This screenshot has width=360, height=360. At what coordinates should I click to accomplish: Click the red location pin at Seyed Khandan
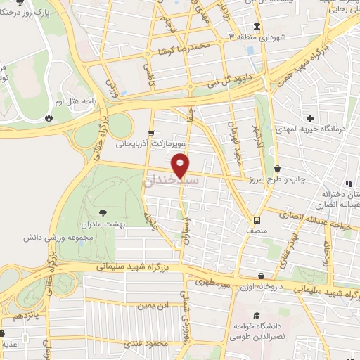tap(181, 165)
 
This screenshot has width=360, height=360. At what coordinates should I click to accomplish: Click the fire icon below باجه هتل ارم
tap(49, 117)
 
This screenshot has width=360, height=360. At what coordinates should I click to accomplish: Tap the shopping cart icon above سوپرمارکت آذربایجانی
tap(151, 132)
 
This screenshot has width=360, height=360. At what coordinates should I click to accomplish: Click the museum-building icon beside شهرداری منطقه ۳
tap(256, 27)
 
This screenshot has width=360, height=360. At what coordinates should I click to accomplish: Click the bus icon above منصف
tap(257, 218)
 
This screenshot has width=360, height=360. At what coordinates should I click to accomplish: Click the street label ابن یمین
tap(154, 305)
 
